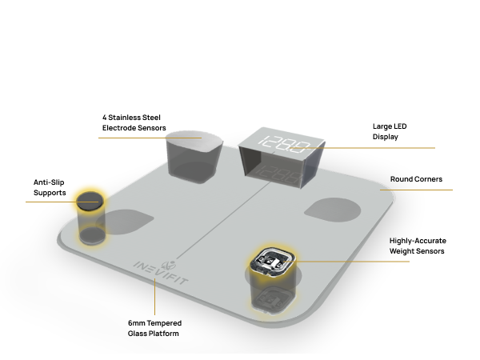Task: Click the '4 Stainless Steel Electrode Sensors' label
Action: (x=134, y=122)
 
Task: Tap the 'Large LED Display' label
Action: (x=390, y=131)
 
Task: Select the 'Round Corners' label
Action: (x=416, y=179)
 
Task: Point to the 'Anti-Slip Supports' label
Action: (x=50, y=187)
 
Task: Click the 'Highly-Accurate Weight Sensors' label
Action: (x=418, y=246)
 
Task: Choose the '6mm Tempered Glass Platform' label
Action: (x=154, y=328)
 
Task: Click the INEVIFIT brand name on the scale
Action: (x=161, y=273)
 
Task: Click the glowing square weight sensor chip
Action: (x=273, y=261)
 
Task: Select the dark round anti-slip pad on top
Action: (x=90, y=201)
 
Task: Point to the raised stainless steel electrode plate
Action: (x=194, y=141)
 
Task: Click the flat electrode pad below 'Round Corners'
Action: (x=333, y=210)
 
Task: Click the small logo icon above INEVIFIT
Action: (x=169, y=266)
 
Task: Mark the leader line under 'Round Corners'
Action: (x=416, y=190)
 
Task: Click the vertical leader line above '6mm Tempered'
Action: (x=154, y=297)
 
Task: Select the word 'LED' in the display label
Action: (x=400, y=126)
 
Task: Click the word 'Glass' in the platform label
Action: (x=137, y=334)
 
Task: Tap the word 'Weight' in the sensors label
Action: (x=402, y=251)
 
